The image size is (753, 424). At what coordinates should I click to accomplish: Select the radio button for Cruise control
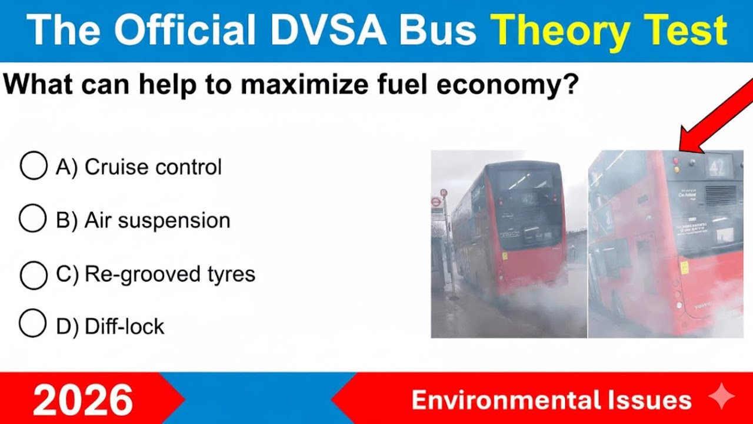34,167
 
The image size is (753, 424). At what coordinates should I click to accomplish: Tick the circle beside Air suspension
33,220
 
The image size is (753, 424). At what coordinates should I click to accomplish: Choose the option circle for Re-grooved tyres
34,274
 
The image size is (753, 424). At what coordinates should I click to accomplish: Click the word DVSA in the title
322,31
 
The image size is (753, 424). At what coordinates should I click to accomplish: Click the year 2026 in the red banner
82,400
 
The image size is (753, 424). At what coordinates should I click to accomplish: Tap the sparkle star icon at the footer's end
721,398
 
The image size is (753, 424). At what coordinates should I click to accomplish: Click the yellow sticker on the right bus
684,267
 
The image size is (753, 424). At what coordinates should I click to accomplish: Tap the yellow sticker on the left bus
504,256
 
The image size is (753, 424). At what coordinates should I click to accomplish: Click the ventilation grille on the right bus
721,196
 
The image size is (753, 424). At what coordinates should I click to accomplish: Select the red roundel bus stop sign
436,202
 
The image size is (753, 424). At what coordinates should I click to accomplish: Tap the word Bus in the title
439,31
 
